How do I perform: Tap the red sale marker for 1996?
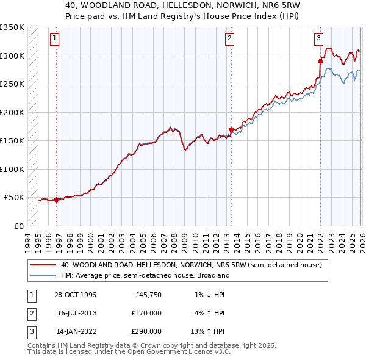pos(57,200)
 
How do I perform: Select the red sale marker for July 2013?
pos(232,129)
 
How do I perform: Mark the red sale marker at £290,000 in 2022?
pos(320,61)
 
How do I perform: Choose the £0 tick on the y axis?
pos(18,226)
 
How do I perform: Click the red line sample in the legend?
pos(43,265)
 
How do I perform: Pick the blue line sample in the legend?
pos(43,275)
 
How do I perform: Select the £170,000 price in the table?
pos(147,313)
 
